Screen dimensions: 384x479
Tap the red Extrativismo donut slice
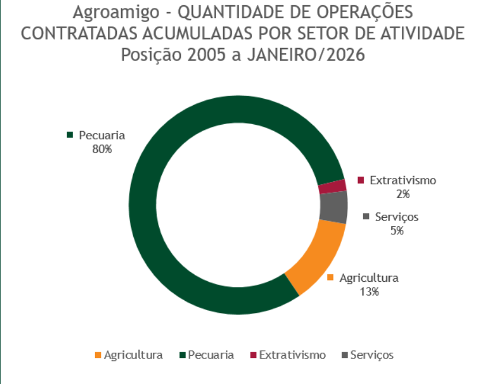click(x=333, y=187)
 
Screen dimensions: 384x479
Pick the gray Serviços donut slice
click(x=334, y=207)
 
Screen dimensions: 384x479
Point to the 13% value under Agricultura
click(x=369, y=291)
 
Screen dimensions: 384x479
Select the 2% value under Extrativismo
click(x=402, y=194)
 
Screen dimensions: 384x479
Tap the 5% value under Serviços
click(x=397, y=231)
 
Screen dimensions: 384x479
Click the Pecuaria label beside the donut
click(x=102, y=136)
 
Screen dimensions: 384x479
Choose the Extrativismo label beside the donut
click(x=403, y=180)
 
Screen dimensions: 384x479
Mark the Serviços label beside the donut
click(x=397, y=217)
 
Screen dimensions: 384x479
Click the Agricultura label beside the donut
click(x=369, y=278)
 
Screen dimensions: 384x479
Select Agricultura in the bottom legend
click(x=133, y=355)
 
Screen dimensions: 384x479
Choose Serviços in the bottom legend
click(x=371, y=355)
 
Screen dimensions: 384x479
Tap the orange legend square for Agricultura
click(x=97, y=355)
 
